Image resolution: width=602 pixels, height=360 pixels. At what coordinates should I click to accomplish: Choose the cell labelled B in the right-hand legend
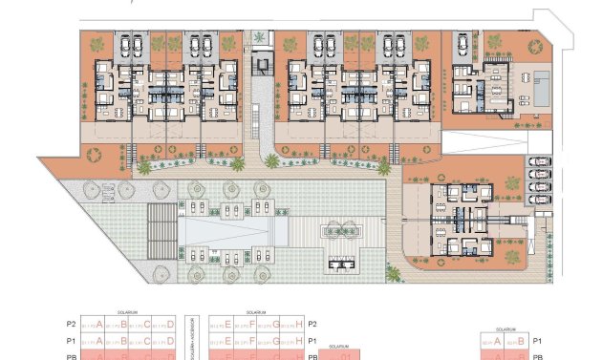click(516, 340)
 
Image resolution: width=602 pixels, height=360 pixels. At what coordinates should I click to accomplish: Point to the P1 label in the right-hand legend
click(537, 340)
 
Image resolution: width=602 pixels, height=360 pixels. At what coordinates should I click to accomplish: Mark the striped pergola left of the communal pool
click(163, 231)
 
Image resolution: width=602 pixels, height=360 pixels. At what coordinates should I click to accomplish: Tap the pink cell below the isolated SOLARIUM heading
click(333, 355)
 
